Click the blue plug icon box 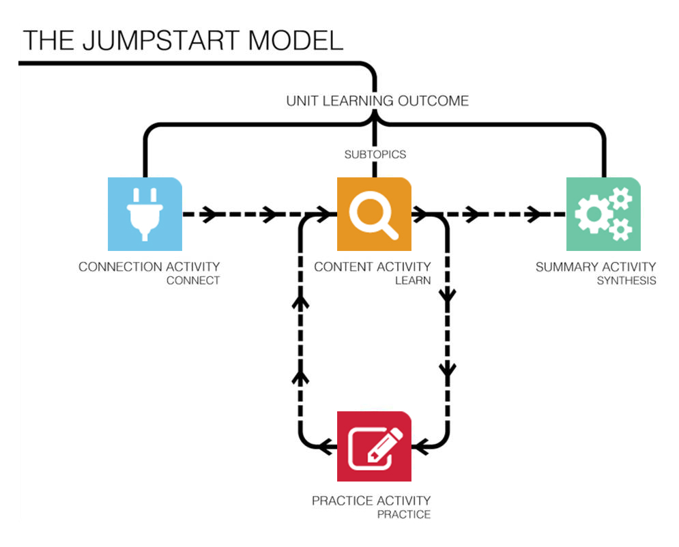145,213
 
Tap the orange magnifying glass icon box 373,213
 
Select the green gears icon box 603,213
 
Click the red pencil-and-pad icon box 373,446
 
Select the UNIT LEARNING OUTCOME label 377,101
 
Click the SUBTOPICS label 375,154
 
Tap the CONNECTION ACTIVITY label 149,267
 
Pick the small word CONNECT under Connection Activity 193,280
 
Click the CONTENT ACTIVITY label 372,267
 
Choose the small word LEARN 413,280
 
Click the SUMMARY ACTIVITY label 595,267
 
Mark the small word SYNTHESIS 626,280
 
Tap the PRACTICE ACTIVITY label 371,501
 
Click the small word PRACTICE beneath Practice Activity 403,514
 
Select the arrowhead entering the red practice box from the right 423,447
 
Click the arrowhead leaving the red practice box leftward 326,447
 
